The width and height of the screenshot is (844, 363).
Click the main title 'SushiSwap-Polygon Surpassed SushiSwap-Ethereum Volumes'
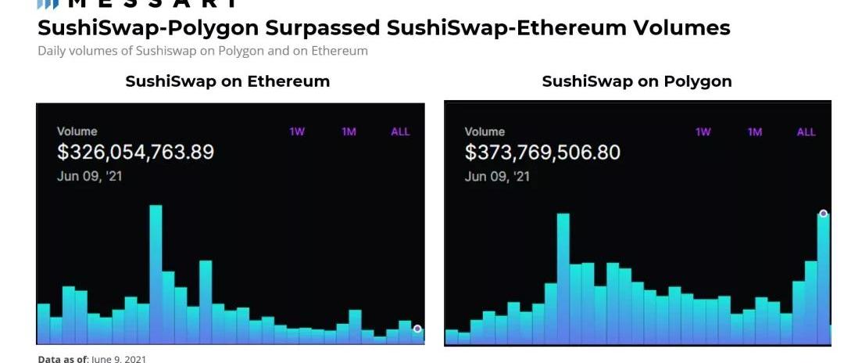pyautogui.click(x=384, y=28)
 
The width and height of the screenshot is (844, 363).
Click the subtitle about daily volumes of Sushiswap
pyautogui.click(x=202, y=51)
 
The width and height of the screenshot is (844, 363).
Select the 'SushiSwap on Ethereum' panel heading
pyautogui.click(x=227, y=81)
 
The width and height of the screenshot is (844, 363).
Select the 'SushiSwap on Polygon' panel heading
pyautogui.click(x=637, y=81)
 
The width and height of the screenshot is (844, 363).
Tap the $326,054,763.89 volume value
pyautogui.click(x=135, y=152)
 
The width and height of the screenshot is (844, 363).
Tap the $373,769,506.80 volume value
pyautogui.click(x=542, y=152)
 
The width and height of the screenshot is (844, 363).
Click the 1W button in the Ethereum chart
pyautogui.click(x=297, y=131)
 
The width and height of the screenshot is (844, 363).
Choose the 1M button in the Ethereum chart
pyautogui.click(x=349, y=131)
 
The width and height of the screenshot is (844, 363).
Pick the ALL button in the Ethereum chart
pyautogui.click(x=400, y=131)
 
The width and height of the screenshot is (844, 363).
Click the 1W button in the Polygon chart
pyautogui.click(x=703, y=131)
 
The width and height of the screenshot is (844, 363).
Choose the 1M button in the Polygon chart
pyautogui.click(x=754, y=131)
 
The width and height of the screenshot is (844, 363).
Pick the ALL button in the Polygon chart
pyautogui.click(x=806, y=131)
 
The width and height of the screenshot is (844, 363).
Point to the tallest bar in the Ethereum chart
pyautogui.click(x=156, y=274)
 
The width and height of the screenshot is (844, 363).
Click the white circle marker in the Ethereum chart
pyautogui.click(x=417, y=329)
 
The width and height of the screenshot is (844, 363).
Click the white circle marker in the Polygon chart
pyautogui.click(x=823, y=214)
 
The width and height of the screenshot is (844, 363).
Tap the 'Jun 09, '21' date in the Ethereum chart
pyautogui.click(x=89, y=176)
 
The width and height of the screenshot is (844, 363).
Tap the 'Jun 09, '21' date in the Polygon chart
pyautogui.click(x=497, y=176)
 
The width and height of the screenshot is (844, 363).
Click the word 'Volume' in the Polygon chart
pyautogui.click(x=485, y=131)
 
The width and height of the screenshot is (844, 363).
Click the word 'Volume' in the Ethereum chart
pyautogui.click(x=77, y=131)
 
